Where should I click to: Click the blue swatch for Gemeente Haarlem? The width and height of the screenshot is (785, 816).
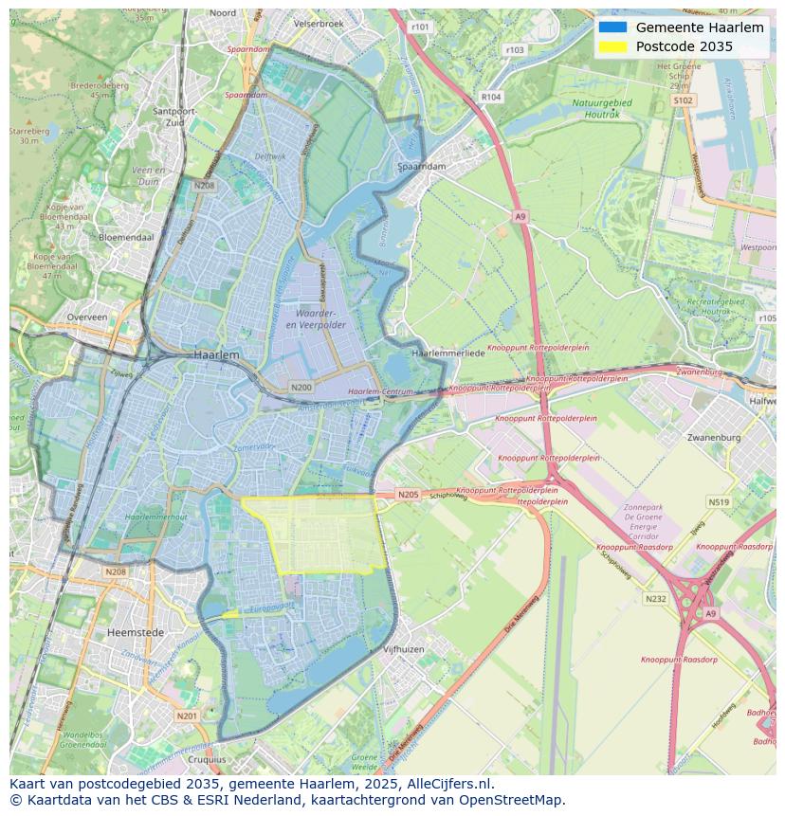pos(612,27)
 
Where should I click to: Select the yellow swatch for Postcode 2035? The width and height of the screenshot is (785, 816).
pos(612,47)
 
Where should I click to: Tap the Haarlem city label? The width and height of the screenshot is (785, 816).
pos(216,354)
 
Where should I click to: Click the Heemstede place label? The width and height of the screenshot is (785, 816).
pos(136,632)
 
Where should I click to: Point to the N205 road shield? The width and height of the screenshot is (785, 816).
pos(408,495)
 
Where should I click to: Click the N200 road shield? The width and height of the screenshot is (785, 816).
pos(301,388)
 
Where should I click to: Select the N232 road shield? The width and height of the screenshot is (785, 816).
pos(655,599)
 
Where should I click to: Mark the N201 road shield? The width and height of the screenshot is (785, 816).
pos(187,716)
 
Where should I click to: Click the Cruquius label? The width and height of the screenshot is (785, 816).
pos(208,759)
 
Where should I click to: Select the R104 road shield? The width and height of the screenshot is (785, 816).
pos(490,97)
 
